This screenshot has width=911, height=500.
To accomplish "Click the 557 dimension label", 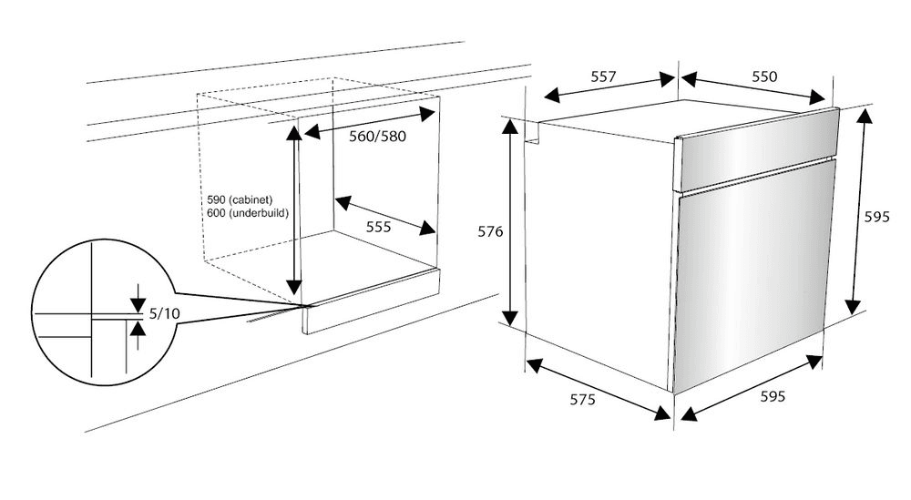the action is (603, 77).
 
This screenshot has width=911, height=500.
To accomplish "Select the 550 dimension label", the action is (764, 77).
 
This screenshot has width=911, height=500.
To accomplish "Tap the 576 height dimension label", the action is (490, 231).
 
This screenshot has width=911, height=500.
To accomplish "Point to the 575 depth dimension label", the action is (582, 400).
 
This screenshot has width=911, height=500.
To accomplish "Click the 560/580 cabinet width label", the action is (378, 137).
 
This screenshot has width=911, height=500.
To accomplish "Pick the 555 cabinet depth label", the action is (378, 227).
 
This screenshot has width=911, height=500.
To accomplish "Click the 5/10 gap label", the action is (164, 313).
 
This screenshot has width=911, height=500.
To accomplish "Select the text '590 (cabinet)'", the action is (240, 200).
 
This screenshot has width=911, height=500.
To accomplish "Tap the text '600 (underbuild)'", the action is (248, 213).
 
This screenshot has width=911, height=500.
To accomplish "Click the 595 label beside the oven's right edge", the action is (876, 217).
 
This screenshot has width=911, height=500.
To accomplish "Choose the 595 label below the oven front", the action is (773, 396).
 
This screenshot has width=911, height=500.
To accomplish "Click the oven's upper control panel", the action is (756, 150).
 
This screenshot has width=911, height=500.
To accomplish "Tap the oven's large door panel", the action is (753, 275).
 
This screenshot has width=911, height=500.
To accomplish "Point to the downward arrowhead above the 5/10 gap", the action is (138, 303).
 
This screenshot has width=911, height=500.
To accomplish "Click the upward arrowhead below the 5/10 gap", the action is (138, 330).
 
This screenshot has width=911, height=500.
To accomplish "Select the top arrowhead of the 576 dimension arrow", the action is (510, 126).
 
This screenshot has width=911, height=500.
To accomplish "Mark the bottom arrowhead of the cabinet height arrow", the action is (294, 287).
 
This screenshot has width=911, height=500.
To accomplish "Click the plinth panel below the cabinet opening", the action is (372, 301).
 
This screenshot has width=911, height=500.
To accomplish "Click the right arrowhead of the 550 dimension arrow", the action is (817, 97).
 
